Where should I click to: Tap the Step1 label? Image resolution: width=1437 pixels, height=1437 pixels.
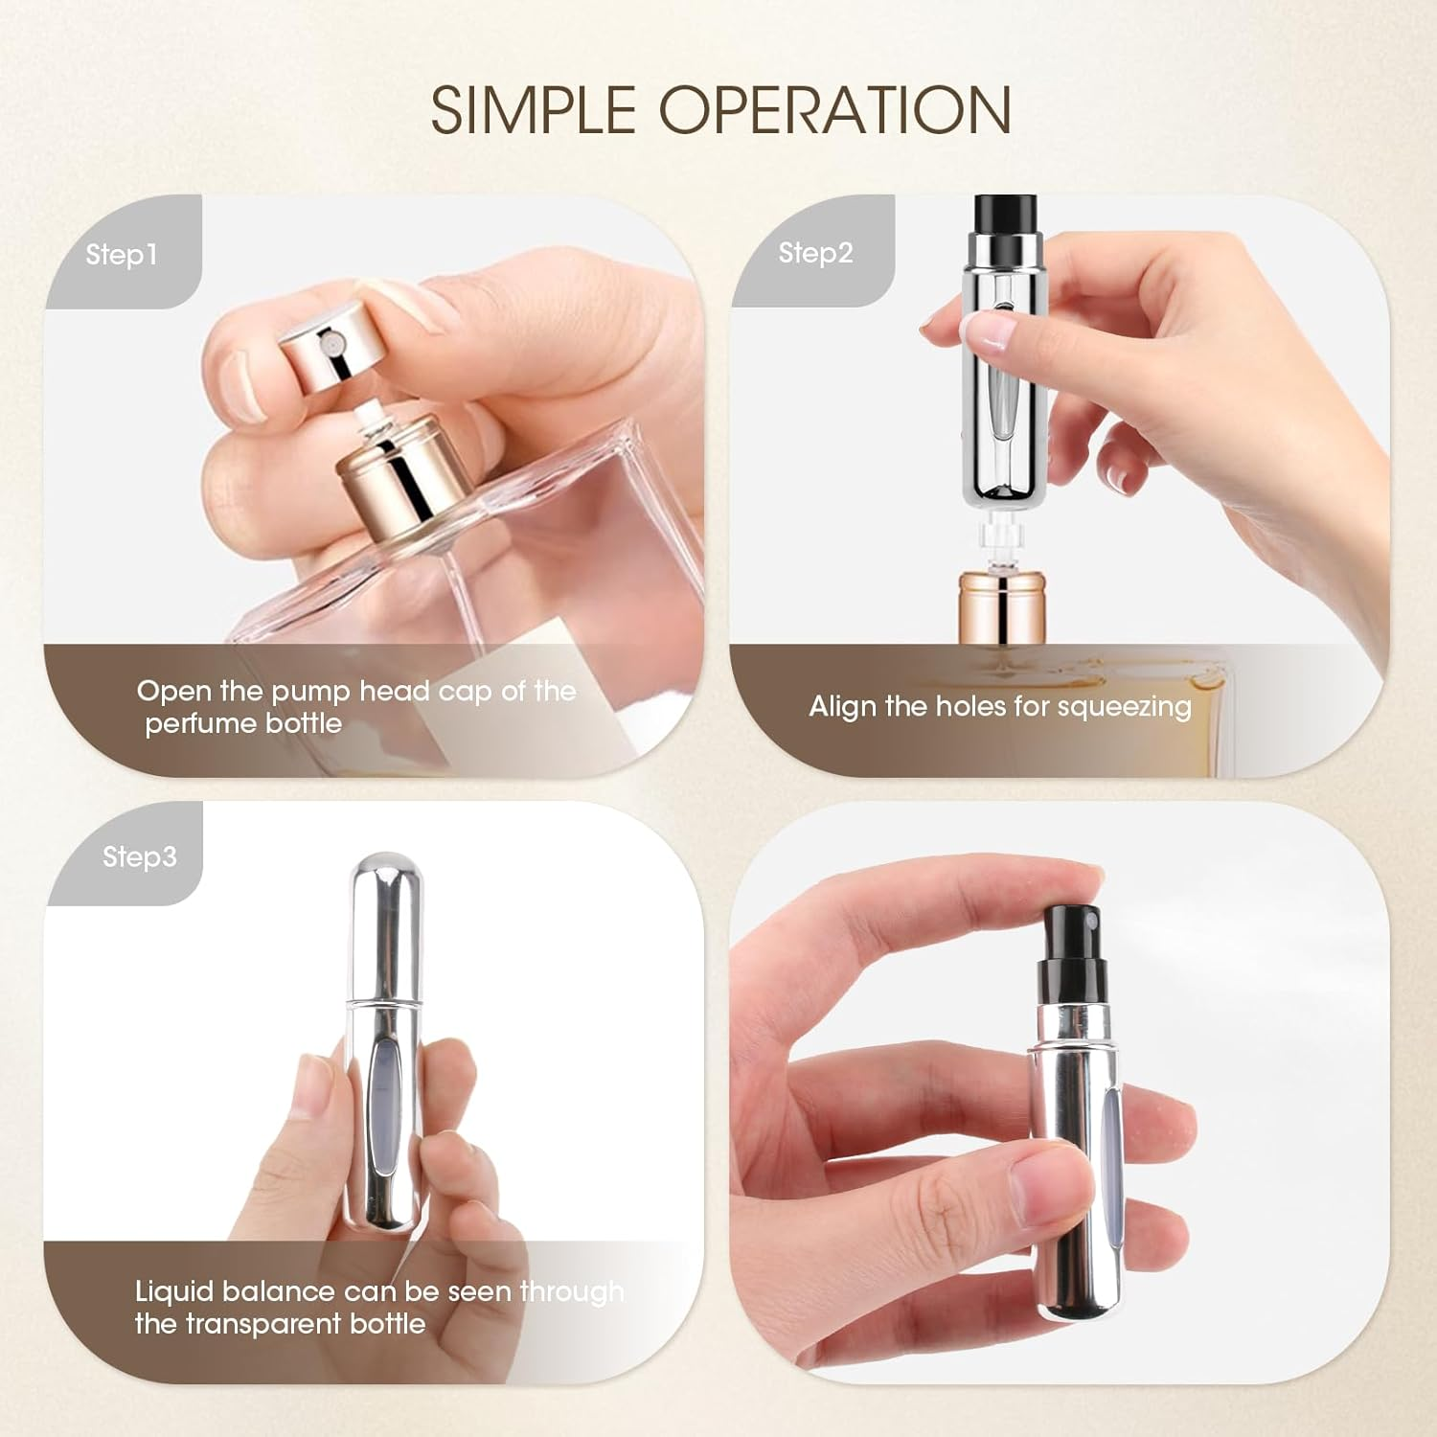click(x=121, y=255)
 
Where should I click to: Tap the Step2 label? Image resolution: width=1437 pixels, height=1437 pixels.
click(x=814, y=253)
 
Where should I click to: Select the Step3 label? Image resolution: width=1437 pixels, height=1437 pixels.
click(x=139, y=856)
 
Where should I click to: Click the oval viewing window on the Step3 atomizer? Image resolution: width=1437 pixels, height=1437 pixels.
click(x=384, y=1092)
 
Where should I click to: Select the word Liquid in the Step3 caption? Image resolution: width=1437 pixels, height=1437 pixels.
click(x=173, y=1291)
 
